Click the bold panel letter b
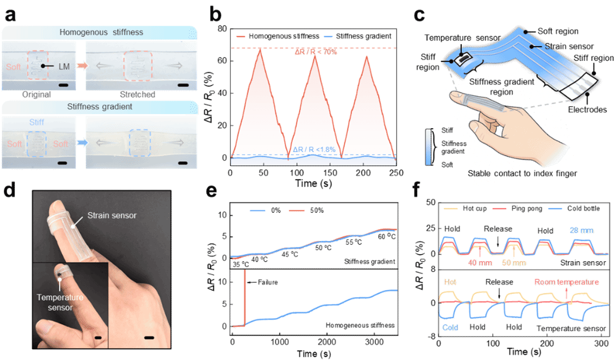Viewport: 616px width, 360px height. [213, 14]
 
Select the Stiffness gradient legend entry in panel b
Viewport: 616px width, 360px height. [359, 36]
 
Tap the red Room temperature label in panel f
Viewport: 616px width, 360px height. [566, 282]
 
